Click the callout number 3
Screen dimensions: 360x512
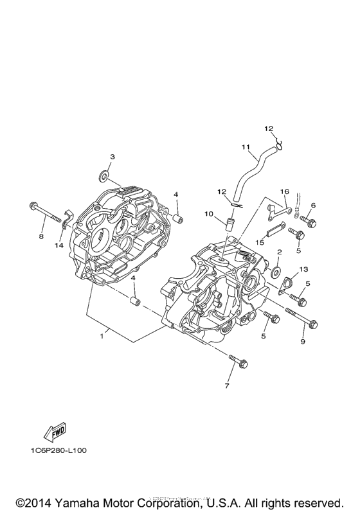pos(112,157)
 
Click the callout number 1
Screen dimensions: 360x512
pos(102,336)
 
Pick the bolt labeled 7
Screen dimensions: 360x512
pos(238,361)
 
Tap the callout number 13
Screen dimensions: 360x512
pos(303,269)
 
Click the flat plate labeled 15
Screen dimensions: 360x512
pos(275,229)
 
